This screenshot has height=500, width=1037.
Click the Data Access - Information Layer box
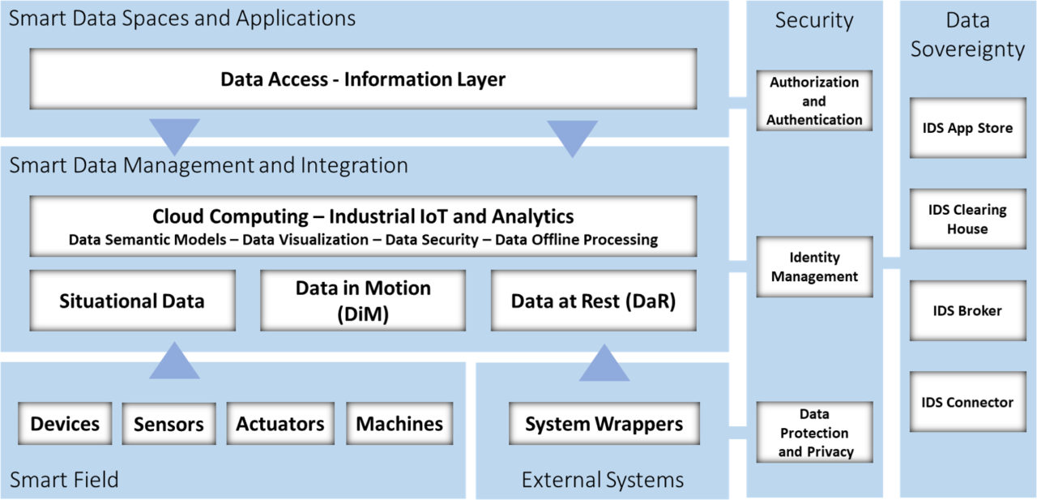(363, 79)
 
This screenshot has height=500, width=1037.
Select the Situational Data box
(132, 301)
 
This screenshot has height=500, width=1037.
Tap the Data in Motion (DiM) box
(363, 301)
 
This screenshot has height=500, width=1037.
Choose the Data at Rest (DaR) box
(593, 301)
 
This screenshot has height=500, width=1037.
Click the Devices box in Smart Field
(65, 423)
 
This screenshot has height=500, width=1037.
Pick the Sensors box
(169, 424)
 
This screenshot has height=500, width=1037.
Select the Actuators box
(280, 423)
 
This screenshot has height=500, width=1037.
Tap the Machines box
(399, 423)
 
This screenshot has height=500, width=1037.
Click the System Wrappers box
(604, 424)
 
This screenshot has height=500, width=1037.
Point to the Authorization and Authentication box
(814, 101)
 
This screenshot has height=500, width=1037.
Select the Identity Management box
(814, 267)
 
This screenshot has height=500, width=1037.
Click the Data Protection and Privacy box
(814, 433)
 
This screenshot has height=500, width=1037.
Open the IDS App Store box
(967, 128)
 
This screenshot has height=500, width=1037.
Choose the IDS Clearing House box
(967, 219)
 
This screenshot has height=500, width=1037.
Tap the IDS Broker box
(967, 310)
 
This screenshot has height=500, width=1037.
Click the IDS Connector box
(967, 402)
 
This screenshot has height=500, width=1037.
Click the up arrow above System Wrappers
(604, 365)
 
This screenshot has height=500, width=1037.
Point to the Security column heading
(814, 21)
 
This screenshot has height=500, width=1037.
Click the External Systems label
(602, 480)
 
